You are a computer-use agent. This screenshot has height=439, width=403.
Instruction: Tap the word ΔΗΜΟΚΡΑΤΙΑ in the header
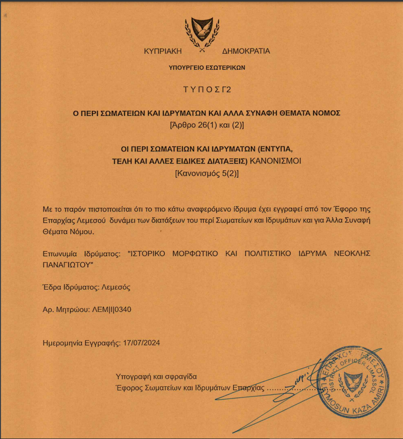[x=246, y=51]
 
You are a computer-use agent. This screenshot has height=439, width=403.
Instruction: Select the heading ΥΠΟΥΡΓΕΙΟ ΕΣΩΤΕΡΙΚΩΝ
[x=207, y=67]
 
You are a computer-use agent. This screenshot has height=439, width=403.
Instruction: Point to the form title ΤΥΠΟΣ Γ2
[x=206, y=90]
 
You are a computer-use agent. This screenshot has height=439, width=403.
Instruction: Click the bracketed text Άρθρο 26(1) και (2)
[x=206, y=125]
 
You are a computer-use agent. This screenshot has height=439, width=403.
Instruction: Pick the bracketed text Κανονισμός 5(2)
[x=206, y=173]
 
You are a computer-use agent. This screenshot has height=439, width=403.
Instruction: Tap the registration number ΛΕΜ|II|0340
[x=110, y=309]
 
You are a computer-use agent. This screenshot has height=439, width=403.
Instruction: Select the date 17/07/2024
[x=141, y=343]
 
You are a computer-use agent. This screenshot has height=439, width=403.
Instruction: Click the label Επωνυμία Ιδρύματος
[x=83, y=252]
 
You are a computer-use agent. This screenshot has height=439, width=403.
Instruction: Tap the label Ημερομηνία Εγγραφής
[x=82, y=343]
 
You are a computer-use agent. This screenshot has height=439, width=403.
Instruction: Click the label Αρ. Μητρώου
[x=64, y=309]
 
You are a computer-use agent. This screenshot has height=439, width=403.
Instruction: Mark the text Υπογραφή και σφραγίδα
[x=156, y=377]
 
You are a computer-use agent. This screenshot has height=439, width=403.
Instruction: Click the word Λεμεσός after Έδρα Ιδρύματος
[x=117, y=287]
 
